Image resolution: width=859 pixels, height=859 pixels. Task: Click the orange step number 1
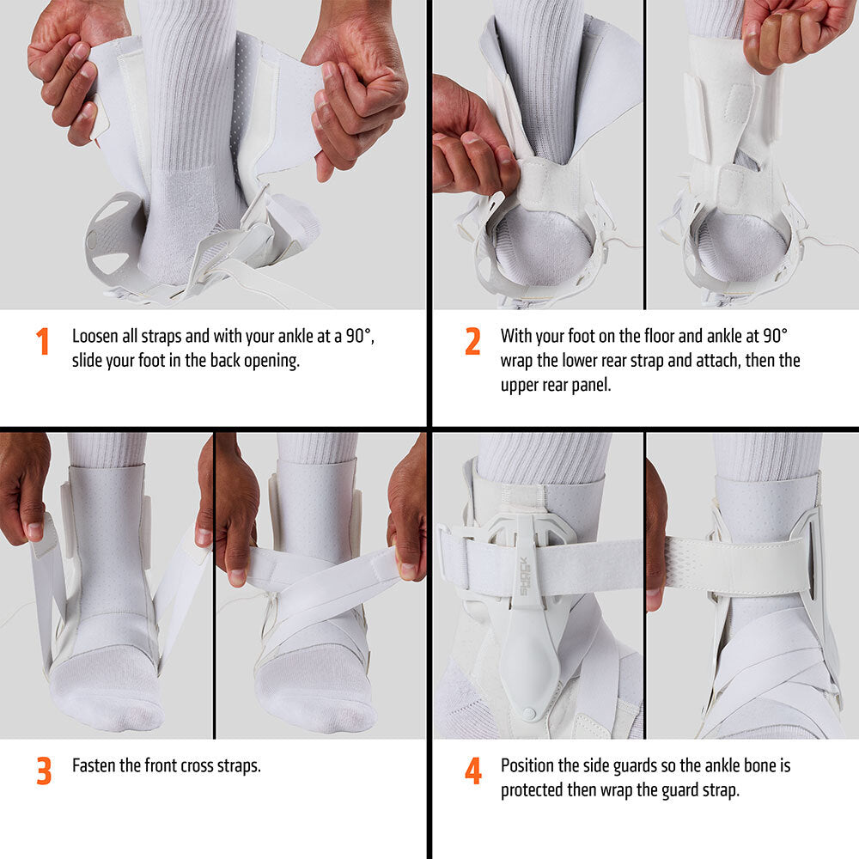tap(43, 342)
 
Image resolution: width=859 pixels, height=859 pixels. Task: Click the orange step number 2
tap(472, 342)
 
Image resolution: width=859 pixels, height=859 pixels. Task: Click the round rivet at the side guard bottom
tap(527, 714)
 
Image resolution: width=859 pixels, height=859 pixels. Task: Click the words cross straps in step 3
tap(221, 765)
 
